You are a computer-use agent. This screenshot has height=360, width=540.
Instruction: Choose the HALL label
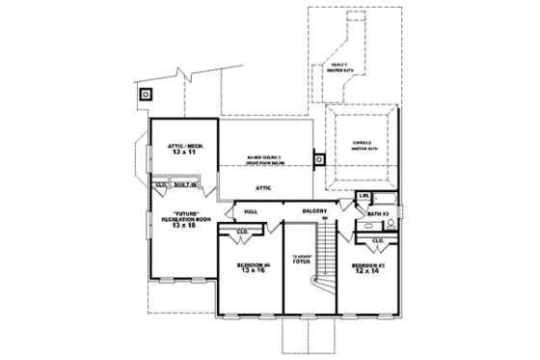[252, 209]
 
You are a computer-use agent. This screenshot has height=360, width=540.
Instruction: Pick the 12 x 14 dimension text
[366, 272]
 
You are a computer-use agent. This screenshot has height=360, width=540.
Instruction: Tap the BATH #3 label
[378, 212]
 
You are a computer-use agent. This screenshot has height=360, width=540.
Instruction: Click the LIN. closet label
[364, 197]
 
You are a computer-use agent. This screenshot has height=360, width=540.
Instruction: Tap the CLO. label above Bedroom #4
[244, 232]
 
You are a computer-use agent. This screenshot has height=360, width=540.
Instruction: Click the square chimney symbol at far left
[147, 95]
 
